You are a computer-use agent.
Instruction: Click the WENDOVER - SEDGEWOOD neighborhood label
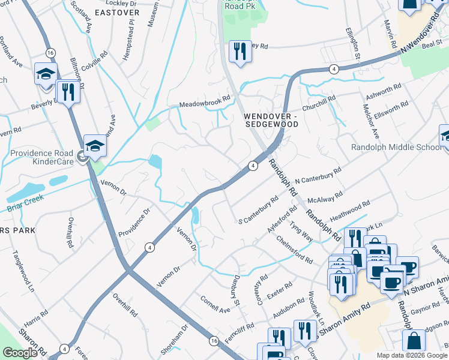[271, 119]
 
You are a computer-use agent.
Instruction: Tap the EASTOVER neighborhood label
[116, 11]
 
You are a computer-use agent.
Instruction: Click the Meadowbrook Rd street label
[205, 102]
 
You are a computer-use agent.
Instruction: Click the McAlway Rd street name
[324, 197]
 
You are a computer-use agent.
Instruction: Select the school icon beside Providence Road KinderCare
[95, 146]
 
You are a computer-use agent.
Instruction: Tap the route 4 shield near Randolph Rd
[253, 166]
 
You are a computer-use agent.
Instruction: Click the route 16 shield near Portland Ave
[50, 52]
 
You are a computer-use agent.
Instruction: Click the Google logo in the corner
[20, 353]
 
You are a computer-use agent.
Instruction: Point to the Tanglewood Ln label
[22, 271]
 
